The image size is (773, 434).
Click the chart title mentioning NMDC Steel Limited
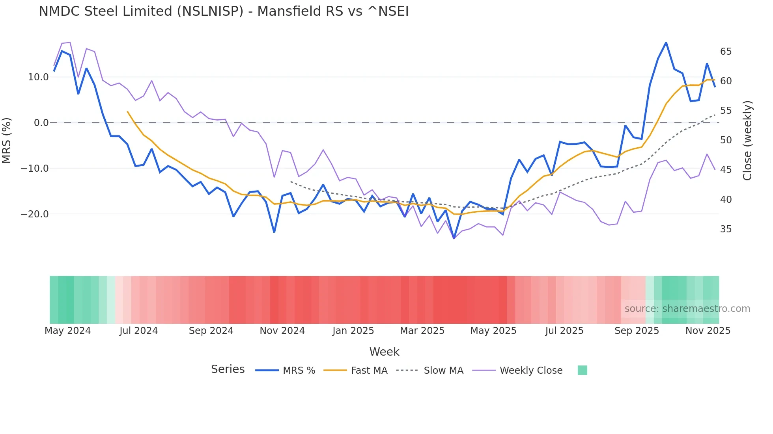click(224, 11)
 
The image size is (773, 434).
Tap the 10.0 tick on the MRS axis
click(38, 77)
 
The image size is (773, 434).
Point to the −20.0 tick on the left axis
click(35, 214)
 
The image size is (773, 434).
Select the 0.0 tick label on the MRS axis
click(41, 123)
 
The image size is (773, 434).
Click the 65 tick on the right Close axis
click(726, 52)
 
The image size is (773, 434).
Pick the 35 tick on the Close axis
click(726, 229)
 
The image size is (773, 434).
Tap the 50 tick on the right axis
click(726, 140)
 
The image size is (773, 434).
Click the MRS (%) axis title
click(7, 141)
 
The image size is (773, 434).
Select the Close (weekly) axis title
click(747, 141)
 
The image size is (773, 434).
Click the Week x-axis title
click(384, 352)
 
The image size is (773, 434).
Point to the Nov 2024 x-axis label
click(282, 331)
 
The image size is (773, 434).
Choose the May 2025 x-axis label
click(493, 331)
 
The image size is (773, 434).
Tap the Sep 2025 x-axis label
click(637, 331)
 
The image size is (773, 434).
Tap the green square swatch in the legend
click(582, 370)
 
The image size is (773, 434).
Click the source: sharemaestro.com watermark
click(687, 309)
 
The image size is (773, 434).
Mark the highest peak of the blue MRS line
click(666, 43)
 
